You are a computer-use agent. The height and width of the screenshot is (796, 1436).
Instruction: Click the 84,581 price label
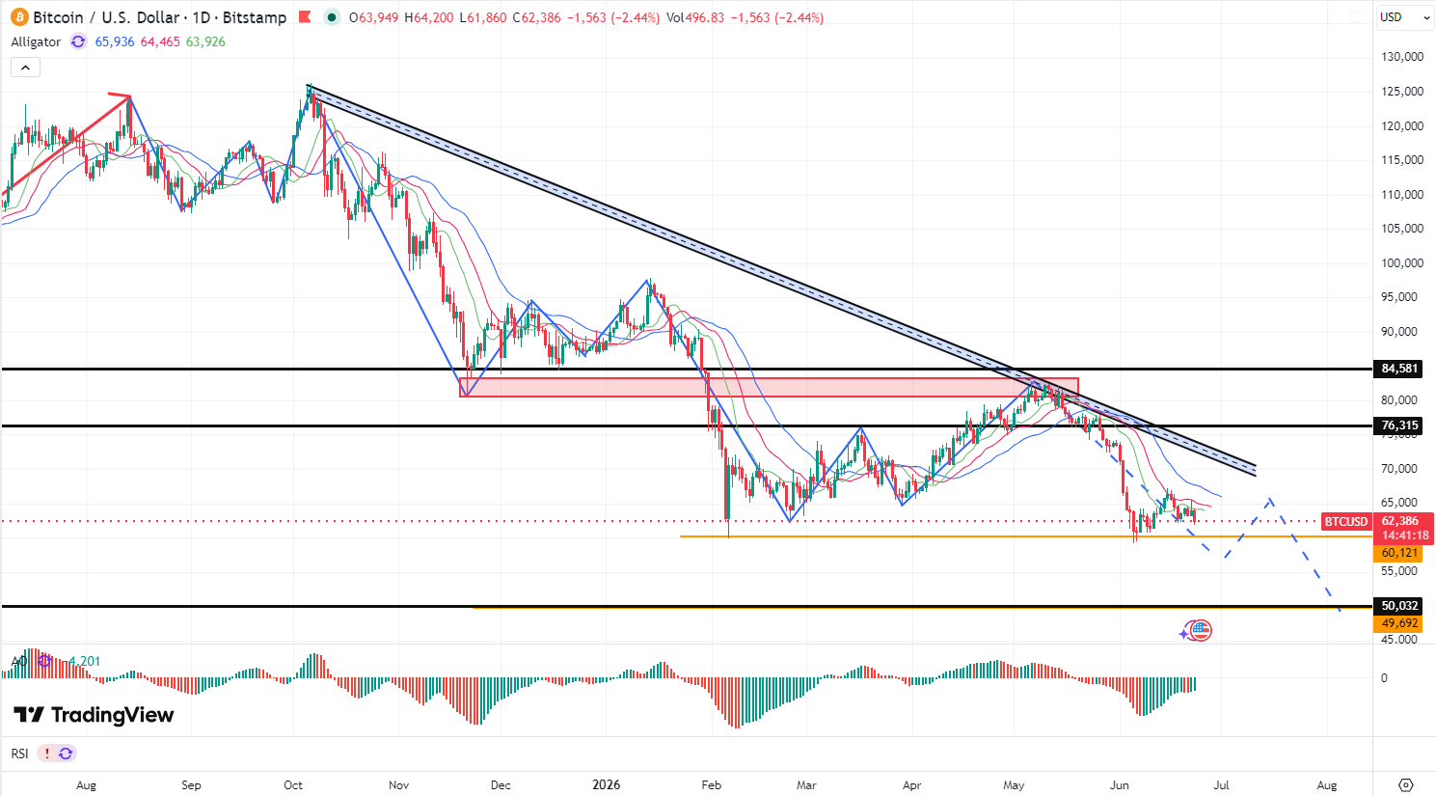(1398, 369)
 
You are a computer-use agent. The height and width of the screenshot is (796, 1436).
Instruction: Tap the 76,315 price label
(1398, 425)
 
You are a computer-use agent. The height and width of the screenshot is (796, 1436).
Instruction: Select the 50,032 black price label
(1398, 606)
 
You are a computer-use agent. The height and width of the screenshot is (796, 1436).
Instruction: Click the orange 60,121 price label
(1398, 553)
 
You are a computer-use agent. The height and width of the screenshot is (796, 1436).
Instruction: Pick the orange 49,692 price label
(1398, 623)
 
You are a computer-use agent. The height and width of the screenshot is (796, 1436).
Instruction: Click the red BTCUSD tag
(1346, 521)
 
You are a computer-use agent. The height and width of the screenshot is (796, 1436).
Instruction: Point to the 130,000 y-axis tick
(1402, 57)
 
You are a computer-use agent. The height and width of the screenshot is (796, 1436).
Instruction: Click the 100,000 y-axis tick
(1402, 263)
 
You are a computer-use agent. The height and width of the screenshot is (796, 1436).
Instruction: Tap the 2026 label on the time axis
(607, 784)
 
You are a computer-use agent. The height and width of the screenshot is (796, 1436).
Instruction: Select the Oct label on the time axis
(293, 785)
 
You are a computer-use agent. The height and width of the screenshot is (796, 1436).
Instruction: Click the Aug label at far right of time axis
(1327, 785)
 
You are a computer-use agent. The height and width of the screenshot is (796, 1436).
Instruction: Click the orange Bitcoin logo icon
(19, 17)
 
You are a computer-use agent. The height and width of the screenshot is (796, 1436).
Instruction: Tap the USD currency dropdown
(1405, 17)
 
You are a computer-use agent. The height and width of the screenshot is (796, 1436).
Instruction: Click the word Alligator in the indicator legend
(36, 41)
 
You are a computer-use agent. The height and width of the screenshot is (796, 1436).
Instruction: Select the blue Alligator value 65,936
(115, 41)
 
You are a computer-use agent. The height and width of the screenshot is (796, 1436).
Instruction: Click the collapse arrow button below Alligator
(26, 68)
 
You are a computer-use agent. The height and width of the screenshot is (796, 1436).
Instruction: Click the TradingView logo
(94, 715)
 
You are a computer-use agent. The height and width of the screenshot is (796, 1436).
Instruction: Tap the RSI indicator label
(20, 754)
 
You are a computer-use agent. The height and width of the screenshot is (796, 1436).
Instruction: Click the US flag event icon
(1201, 630)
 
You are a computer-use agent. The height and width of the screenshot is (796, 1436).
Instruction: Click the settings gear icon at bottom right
(1406, 785)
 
